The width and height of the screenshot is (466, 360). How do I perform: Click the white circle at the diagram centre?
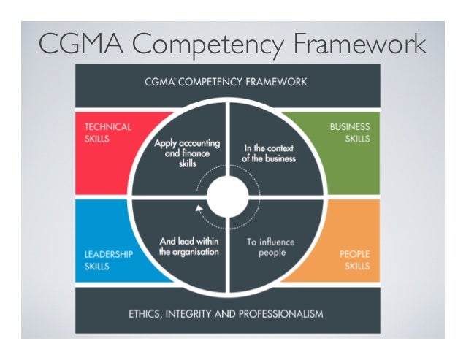229,195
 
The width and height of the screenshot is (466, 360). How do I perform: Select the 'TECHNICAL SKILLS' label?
106,132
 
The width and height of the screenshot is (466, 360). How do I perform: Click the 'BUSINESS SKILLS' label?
349,132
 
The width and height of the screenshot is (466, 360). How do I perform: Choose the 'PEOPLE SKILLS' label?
354,261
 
